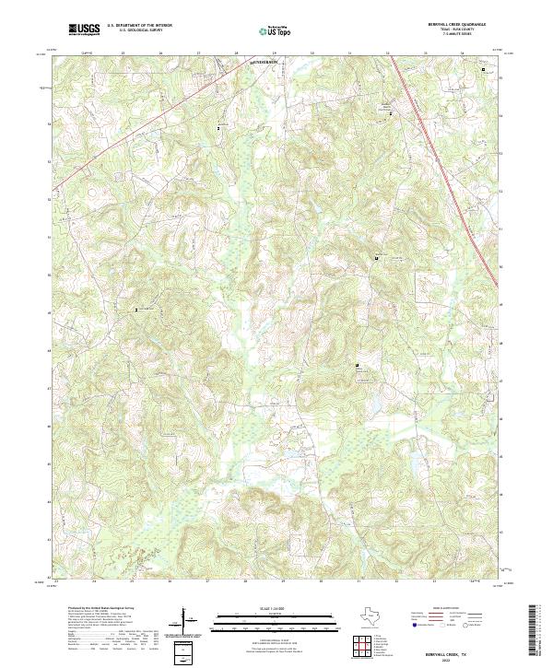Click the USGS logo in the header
(x=84, y=29)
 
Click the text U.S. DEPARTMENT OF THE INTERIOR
(x=139, y=25)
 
